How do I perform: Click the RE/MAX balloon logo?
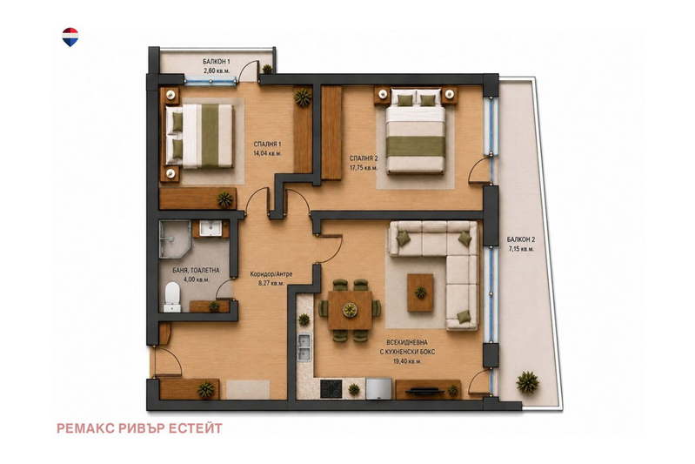[70, 37]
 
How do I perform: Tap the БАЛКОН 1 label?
[217, 62]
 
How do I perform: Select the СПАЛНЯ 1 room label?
[267, 145]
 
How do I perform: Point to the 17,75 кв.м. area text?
[364, 168]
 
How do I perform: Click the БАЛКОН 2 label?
[521, 240]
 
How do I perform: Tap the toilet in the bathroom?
[172, 296]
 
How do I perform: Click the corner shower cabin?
[174, 239]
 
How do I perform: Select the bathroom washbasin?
[211, 228]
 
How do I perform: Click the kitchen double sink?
[304, 346]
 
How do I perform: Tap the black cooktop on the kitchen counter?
[331, 389]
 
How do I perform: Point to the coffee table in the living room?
[420, 293]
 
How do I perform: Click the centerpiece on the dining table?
[351, 310]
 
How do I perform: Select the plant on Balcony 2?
[527, 382]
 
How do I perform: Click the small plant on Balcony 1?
[267, 69]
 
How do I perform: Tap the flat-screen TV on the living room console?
[425, 391]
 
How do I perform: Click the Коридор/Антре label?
[271, 274]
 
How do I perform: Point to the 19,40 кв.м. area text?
[407, 361]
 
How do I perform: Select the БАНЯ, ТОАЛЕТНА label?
[196, 270]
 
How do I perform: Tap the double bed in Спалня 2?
[415, 131]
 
